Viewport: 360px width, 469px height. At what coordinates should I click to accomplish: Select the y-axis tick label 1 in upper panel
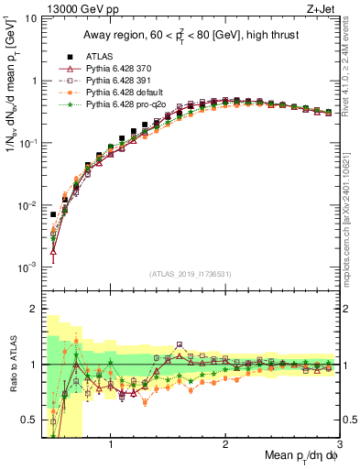[x=32, y=81]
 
